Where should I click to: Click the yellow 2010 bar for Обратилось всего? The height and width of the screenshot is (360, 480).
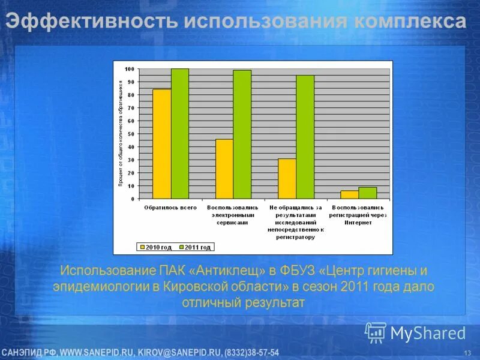pyautogui.click(x=161, y=144)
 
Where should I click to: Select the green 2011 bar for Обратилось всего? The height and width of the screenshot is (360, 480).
pyautogui.click(x=179, y=133)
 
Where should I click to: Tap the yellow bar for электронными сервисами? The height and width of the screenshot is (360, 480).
pyautogui.click(x=224, y=169)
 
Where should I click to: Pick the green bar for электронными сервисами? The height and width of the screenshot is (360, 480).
pyautogui.click(x=242, y=134)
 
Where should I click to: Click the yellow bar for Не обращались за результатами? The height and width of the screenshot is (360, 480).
pyautogui.click(x=287, y=179)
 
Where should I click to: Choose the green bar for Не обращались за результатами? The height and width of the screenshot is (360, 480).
pyautogui.click(x=305, y=137)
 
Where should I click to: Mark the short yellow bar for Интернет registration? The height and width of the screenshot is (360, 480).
pyautogui.click(x=349, y=194)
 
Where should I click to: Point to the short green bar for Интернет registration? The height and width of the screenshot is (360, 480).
pyautogui.click(x=367, y=193)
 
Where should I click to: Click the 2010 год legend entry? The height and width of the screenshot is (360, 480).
pyautogui.click(x=156, y=247)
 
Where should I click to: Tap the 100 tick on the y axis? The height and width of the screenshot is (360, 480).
pyautogui.click(x=130, y=69)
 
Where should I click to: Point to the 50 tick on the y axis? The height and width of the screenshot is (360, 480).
pyautogui.click(x=131, y=134)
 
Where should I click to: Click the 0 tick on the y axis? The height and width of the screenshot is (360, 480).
pyautogui.click(x=133, y=199)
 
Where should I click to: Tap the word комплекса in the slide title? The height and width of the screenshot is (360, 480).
pyautogui.click(x=409, y=23)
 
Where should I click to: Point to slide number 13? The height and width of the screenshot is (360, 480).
pyautogui.click(x=467, y=352)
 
